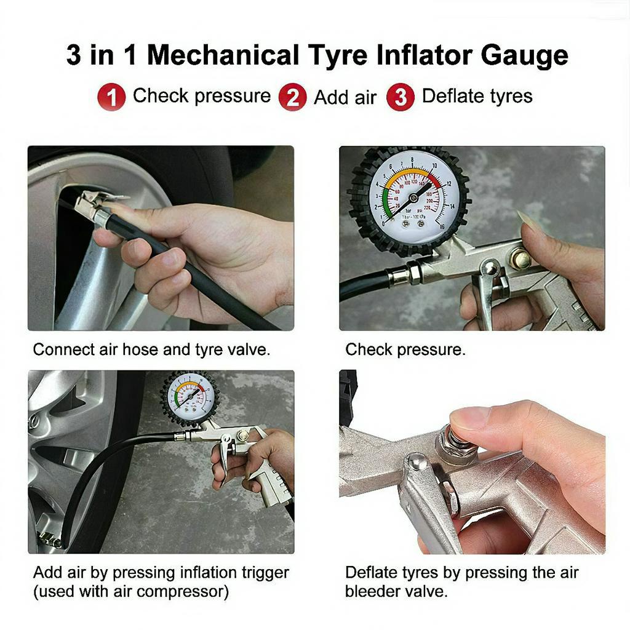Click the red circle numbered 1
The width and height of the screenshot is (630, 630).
[111, 97]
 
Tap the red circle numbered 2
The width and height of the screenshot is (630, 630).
[292, 97]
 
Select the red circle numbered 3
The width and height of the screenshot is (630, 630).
[401, 97]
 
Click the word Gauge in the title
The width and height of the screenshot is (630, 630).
[524, 55]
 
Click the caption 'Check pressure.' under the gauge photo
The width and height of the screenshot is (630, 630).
[405, 349]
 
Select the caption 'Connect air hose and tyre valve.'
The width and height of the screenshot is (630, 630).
[151, 349]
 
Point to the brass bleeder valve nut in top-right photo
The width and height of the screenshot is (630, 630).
[520, 259]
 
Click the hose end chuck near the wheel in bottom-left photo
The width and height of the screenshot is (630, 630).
[49, 539]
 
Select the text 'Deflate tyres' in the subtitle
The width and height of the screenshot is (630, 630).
[477, 97]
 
